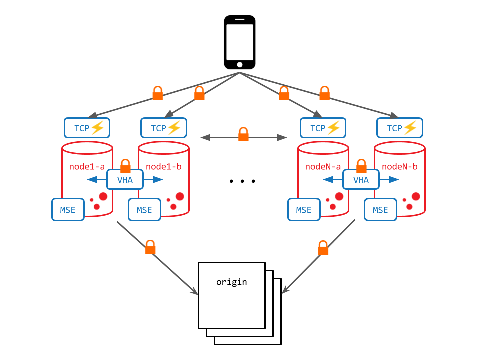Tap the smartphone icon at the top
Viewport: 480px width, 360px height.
pyautogui.click(x=240, y=42)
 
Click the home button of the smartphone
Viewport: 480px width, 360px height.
pyautogui.click(x=240, y=64)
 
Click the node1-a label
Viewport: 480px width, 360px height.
pyautogui.click(x=87, y=166)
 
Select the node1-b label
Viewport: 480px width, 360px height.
pyautogui.click(x=164, y=166)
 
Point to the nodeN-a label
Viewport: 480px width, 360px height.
pyautogui.click(x=323, y=166)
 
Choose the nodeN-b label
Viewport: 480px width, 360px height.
pyautogui.click(x=400, y=166)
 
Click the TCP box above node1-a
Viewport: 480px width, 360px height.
pyautogui.click(x=87, y=128)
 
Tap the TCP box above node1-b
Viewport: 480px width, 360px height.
pyautogui.click(x=164, y=128)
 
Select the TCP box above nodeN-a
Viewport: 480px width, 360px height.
pyautogui.click(x=323, y=128)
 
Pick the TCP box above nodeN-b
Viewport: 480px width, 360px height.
pyautogui.click(x=400, y=128)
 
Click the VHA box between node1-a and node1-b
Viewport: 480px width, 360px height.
pyautogui.click(x=125, y=180)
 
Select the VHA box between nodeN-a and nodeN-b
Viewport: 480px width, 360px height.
pyautogui.click(x=361, y=180)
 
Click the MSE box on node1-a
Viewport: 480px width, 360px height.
pyautogui.click(x=68, y=210)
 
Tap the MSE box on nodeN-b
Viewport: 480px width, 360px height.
pyautogui.click(x=380, y=210)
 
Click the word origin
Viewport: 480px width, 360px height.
pyautogui.click(x=231, y=282)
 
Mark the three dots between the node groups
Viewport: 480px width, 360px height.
pyautogui.click(x=242, y=181)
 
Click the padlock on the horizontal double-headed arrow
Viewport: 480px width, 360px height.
pyautogui.click(x=243, y=134)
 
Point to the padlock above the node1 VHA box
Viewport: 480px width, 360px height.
pyautogui.click(x=125, y=165)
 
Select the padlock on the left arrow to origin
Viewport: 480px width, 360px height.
pyautogui.click(x=150, y=247)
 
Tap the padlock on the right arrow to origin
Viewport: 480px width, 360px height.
pyautogui.click(x=323, y=247)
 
